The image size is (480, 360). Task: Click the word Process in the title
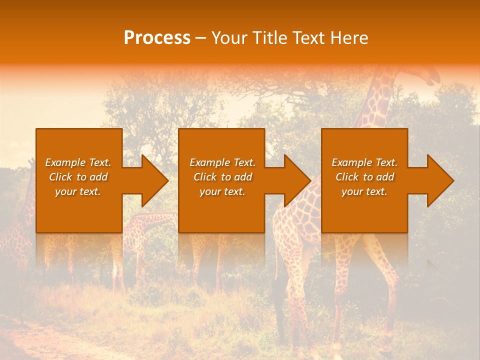point(157,38)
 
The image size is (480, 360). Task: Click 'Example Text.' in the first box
point(78,162)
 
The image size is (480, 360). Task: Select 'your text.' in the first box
point(78,191)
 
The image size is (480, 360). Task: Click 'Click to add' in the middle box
point(222,177)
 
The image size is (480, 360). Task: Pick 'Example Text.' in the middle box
point(222,162)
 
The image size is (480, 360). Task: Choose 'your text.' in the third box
point(364,191)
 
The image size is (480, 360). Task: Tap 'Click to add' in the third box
point(364,177)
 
